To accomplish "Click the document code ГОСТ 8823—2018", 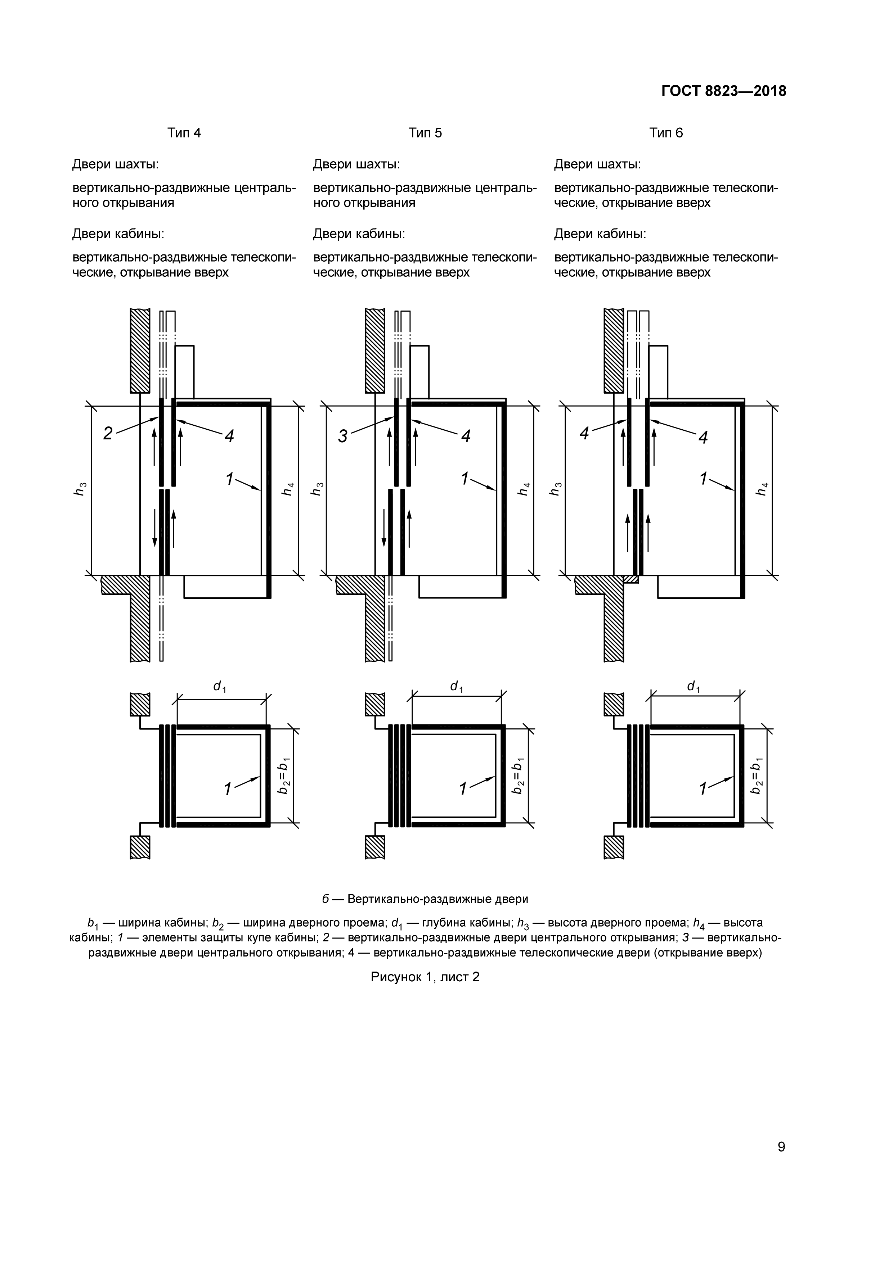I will click(x=724, y=91).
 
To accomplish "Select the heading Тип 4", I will click(x=184, y=133).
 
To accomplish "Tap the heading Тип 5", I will click(x=425, y=133).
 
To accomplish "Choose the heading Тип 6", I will click(x=666, y=133).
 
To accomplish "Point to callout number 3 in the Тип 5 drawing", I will click(x=342, y=437).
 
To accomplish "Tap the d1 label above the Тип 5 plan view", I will click(x=456, y=687).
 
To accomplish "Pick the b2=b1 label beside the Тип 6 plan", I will click(x=757, y=775).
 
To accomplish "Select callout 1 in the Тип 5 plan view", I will click(x=463, y=789).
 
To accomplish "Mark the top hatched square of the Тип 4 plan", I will click(x=140, y=705).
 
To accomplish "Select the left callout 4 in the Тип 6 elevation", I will click(x=584, y=434).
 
